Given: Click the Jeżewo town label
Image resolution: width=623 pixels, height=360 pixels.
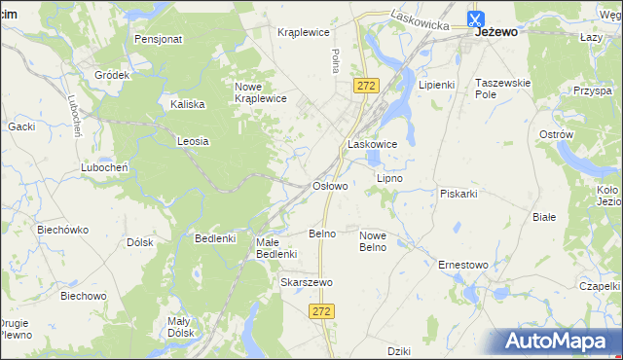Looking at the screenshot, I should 496,32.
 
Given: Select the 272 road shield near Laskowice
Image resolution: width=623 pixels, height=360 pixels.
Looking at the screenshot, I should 366,87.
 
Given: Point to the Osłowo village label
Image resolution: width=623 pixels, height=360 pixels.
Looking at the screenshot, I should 329,186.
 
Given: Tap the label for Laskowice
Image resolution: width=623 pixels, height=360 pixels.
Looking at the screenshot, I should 373,144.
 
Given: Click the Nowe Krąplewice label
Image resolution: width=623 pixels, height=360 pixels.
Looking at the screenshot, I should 260,92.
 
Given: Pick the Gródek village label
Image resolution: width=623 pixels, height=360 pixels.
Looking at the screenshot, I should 112,75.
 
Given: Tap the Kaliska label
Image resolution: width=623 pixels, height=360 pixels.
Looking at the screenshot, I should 187,104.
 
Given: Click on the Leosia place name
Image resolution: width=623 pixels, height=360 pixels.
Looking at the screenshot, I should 193,141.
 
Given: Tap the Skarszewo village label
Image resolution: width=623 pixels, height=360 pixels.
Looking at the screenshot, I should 307,282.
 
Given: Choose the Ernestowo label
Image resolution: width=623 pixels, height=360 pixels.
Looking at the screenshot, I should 463,264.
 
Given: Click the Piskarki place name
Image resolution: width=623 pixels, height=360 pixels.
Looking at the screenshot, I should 458,194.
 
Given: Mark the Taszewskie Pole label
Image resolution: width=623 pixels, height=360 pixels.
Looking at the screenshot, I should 502,90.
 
